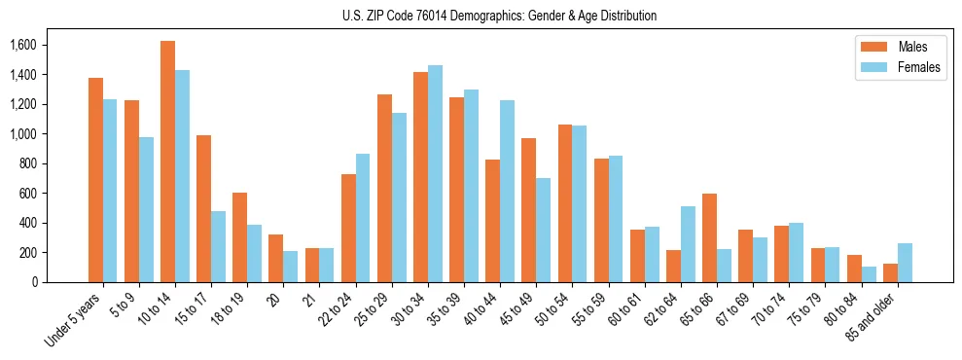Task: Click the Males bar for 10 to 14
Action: point(167,162)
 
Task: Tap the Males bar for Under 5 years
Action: point(95,180)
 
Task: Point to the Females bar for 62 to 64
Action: point(687,244)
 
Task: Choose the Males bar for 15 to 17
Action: point(203,209)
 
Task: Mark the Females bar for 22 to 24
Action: point(363,218)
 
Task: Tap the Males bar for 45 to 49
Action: point(528,210)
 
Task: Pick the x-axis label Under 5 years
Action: point(74,319)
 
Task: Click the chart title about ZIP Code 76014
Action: point(499,16)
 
